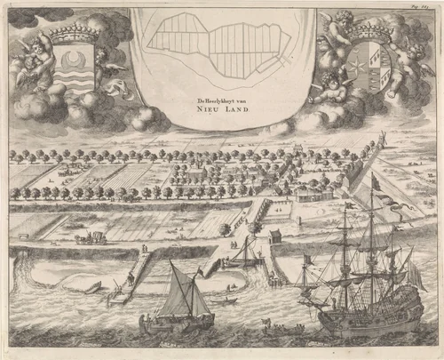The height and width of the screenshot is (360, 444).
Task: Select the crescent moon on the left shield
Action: click(71, 63)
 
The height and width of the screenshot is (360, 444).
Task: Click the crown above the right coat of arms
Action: click(367, 33)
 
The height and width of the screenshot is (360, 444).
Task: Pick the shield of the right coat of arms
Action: click(365, 68)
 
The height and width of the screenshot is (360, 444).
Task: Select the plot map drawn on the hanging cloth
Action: click(220, 52)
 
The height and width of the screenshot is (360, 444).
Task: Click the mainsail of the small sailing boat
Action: click(186, 293)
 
